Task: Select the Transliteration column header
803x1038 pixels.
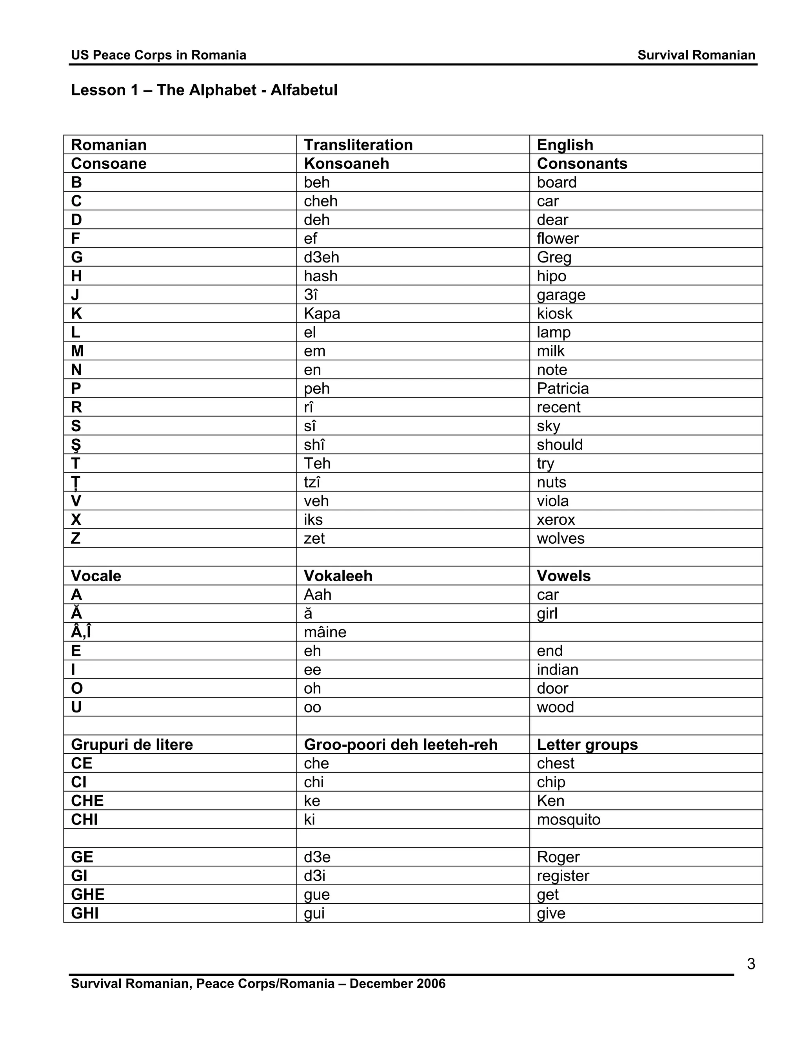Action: (x=358, y=145)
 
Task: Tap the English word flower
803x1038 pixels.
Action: (x=558, y=238)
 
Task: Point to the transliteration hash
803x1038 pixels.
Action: (x=321, y=276)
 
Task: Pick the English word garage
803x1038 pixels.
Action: (x=561, y=295)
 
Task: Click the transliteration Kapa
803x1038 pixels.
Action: (x=322, y=314)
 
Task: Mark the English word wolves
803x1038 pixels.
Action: (x=560, y=538)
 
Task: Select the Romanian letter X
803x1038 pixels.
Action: (x=76, y=519)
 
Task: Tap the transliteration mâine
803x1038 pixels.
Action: (x=325, y=632)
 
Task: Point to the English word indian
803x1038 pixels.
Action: (x=558, y=670)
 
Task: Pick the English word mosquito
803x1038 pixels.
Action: (x=569, y=819)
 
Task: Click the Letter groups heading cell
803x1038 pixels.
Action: (x=587, y=744)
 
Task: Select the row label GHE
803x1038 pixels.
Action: (x=87, y=895)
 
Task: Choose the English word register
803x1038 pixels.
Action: (x=563, y=875)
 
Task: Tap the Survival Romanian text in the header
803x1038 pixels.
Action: (x=696, y=55)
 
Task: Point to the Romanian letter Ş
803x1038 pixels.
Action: (x=76, y=445)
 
